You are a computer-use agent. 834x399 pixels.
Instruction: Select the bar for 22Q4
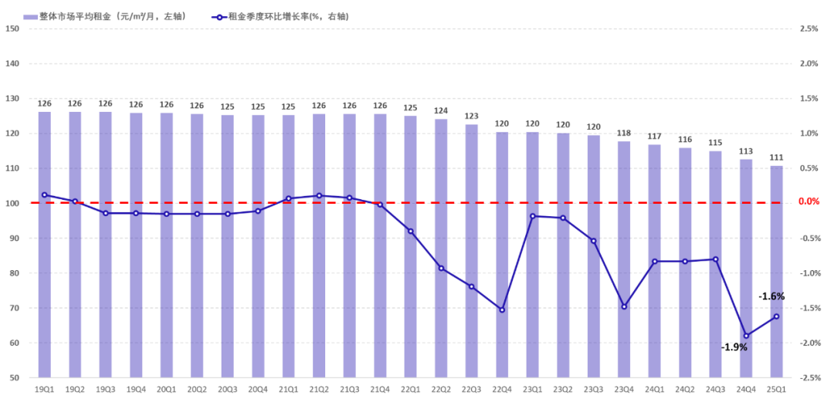(502, 255)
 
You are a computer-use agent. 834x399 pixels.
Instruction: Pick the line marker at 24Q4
(746, 336)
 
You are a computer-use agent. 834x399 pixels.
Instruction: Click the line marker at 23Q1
(533, 216)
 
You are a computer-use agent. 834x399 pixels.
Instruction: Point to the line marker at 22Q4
(502, 310)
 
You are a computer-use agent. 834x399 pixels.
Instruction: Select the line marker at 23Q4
(624, 306)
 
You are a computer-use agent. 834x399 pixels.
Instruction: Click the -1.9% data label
(734, 347)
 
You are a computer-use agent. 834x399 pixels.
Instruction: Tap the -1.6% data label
(771, 296)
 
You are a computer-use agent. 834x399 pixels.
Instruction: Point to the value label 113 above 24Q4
(746, 151)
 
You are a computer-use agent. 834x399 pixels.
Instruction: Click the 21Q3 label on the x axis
(350, 389)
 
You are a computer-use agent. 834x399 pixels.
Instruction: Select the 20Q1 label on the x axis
(167, 389)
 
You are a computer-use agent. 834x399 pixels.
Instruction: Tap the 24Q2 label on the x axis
(685, 389)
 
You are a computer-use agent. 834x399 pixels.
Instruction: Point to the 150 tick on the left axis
(12, 29)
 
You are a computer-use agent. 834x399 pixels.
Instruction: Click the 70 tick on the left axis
(14, 309)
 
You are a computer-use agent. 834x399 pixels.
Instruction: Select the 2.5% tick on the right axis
(809, 29)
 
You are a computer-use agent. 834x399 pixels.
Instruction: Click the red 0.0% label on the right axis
(809, 202)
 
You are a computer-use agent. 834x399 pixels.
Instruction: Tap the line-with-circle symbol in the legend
(219, 15)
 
